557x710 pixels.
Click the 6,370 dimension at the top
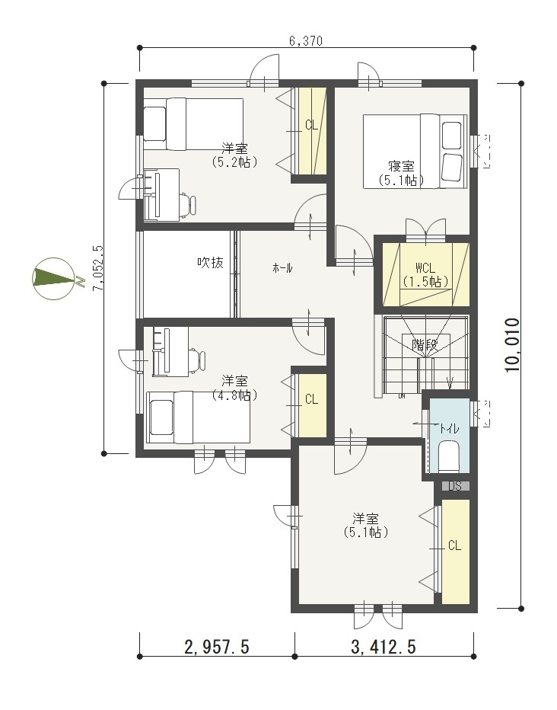[x=306, y=41]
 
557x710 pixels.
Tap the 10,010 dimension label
[x=513, y=345]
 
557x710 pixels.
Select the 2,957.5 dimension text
[x=217, y=647]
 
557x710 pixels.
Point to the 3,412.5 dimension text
[x=384, y=647]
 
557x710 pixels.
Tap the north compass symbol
[x=53, y=278]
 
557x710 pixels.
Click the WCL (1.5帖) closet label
[x=425, y=275]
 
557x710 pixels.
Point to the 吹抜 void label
[x=210, y=262]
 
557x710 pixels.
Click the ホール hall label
[x=282, y=268]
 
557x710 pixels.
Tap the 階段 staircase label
[x=425, y=345]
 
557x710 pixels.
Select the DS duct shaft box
[x=455, y=486]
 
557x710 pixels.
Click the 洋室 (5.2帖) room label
[x=234, y=155]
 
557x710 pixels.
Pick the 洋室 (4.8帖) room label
[x=234, y=388]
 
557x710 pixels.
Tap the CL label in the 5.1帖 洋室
[x=454, y=545]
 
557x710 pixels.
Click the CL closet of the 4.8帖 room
[x=311, y=405]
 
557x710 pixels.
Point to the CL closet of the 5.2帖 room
[x=311, y=130]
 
